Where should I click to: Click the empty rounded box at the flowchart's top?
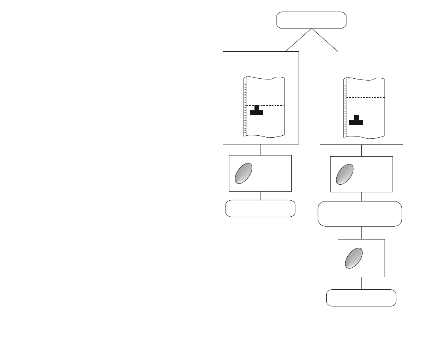(311, 20)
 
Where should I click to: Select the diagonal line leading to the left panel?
(299, 40)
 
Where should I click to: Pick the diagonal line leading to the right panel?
(324, 40)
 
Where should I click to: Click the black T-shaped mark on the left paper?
(256, 111)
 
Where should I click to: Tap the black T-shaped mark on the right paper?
(356, 120)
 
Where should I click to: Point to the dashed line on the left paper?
(266, 105)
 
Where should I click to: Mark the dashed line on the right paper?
(365, 98)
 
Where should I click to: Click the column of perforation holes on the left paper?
(245, 108)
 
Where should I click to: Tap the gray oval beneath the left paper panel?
(243, 173)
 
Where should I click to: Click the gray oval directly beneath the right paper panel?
(345, 174)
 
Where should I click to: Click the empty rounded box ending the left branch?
(260, 208)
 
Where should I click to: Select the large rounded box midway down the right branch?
(360, 214)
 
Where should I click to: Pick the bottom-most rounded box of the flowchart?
(361, 298)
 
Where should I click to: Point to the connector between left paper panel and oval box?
(260, 150)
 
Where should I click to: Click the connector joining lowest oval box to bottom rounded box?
(361, 283)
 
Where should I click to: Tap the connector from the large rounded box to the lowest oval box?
(361, 233)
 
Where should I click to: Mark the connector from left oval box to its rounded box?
(260, 196)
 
